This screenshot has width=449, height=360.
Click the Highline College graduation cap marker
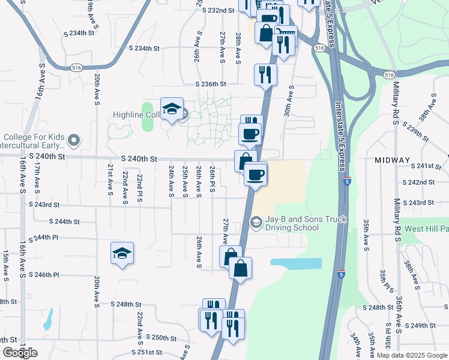pyautogui.click(x=172, y=109)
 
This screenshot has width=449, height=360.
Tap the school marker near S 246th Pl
pyautogui.click(x=122, y=253)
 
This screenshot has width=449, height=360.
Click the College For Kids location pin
pyautogui.click(x=74, y=141)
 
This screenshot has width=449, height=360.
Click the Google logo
pyautogui.click(x=20, y=353)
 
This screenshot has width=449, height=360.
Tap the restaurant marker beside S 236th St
pyautogui.click(x=265, y=75)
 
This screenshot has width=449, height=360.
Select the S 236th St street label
pyautogui.click(x=210, y=85)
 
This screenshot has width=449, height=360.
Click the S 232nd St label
pyautogui.click(x=218, y=10)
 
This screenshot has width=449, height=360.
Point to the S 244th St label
pyautogui.click(x=67, y=221)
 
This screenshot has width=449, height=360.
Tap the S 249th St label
pyautogui.click(x=419, y=326)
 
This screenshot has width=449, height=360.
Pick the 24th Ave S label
pyautogui.click(x=171, y=181)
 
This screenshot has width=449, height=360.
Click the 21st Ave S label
pyautogui.click(x=110, y=179)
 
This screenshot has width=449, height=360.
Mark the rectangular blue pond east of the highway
pyautogui.click(x=295, y=263)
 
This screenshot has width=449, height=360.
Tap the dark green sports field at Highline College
pyautogui.click(x=147, y=116)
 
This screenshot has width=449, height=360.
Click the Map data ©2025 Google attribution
pyautogui.click(x=411, y=355)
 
